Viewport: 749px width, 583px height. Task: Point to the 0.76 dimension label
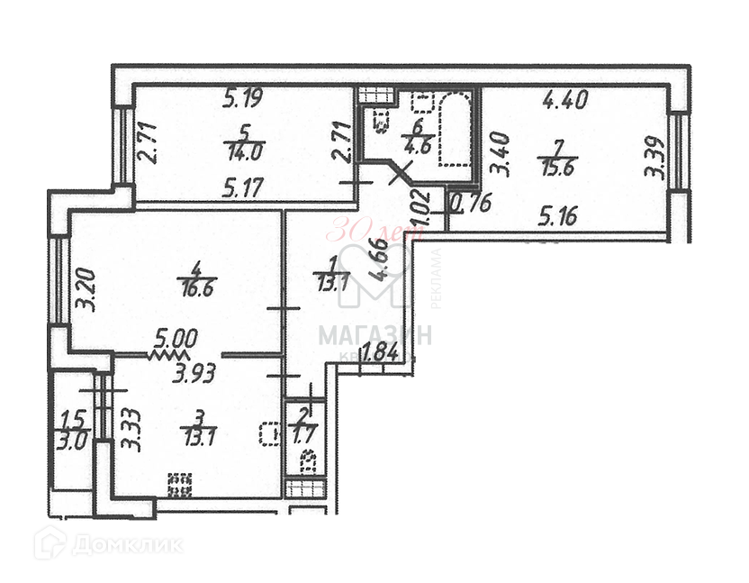tap(470, 204)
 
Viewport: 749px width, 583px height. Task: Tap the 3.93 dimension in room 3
tap(194, 371)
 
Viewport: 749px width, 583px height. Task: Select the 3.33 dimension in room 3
tap(132, 429)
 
